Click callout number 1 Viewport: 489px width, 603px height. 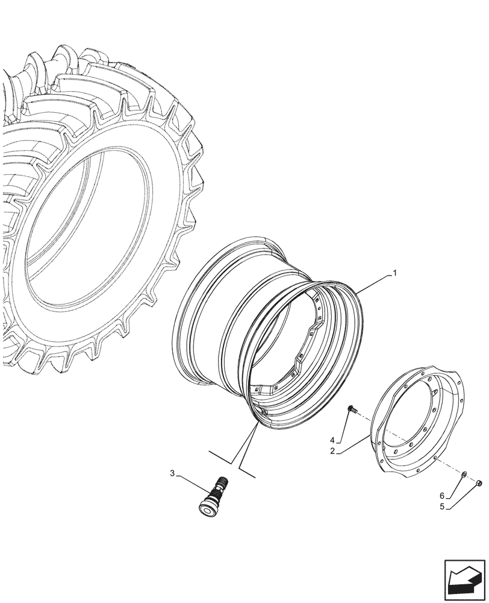pyautogui.click(x=394, y=273)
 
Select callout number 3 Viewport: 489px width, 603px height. pyautogui.click(x=173, y=474)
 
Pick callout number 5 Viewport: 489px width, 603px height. pyautogui.click(x=443, y=507)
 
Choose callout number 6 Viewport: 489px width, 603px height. pyautogui.click(x=443, y=496)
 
